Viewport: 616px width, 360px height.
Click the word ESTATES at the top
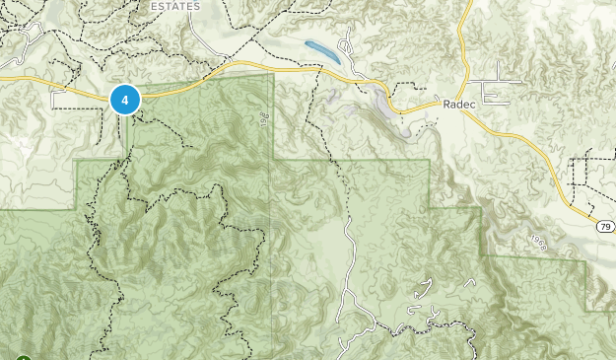point(175,6)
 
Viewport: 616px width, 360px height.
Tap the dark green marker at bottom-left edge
point(22,357)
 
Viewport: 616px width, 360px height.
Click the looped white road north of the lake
point(345,44)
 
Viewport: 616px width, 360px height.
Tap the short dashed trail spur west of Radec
point(415,84)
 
